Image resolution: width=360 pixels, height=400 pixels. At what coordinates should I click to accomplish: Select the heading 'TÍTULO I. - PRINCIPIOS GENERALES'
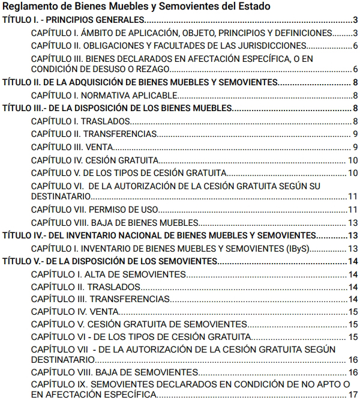coord(73,20)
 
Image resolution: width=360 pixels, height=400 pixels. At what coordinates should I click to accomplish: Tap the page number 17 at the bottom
coord(353,394)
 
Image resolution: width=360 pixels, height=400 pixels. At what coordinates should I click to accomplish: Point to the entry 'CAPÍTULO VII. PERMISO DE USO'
coord(92,209)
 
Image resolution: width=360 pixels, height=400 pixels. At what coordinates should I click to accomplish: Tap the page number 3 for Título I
coord(355,20)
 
